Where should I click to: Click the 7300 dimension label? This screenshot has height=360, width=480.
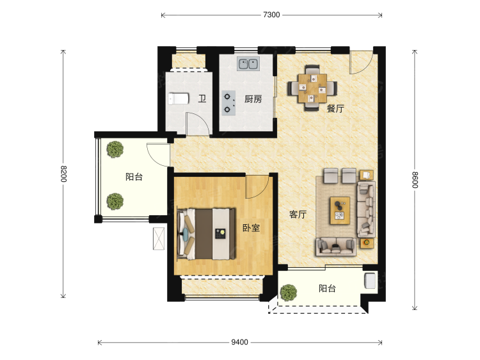click(271, 15)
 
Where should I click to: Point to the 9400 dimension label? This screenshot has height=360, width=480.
click(240, 342)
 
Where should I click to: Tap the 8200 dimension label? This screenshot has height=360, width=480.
click(63, 174)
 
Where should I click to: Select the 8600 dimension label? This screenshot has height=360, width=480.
click(415, 179)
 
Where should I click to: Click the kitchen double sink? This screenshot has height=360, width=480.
click(248, 63)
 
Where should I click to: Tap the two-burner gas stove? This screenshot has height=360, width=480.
click(228, 103)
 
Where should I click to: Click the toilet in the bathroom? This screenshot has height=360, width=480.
click(178, 99)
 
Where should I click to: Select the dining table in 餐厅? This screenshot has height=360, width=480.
click(312, 88)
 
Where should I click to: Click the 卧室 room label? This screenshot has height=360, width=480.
click(251, 228)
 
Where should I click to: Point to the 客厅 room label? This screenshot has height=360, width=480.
click(298, 214)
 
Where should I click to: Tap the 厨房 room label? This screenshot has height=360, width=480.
click(253, 99)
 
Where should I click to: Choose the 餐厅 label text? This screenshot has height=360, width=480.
click(335, 108)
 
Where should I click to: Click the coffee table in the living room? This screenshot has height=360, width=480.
click(340, 211)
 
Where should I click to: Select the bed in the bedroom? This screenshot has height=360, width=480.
click(206, 233)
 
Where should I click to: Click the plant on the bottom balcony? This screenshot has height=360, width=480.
click(288, 293)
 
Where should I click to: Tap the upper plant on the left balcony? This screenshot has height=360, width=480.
click(115, 149)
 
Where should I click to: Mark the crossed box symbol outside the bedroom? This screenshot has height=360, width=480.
click(159, 238)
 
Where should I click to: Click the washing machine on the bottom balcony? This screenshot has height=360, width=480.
click(370, 281)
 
